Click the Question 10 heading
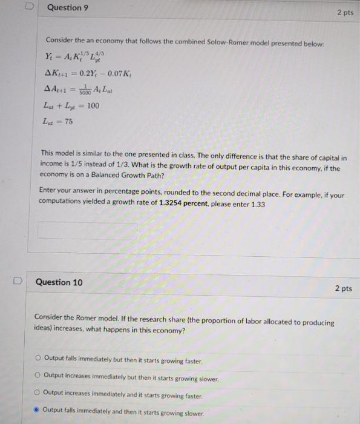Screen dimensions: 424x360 59,282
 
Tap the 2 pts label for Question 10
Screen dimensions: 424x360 342,288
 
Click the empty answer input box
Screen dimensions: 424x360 88,231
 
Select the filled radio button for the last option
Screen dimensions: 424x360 38,409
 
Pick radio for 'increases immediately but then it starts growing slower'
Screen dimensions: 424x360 38,376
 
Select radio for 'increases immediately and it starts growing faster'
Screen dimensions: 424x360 38,393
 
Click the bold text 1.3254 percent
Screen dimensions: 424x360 184,205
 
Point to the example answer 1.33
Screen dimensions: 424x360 258,205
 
